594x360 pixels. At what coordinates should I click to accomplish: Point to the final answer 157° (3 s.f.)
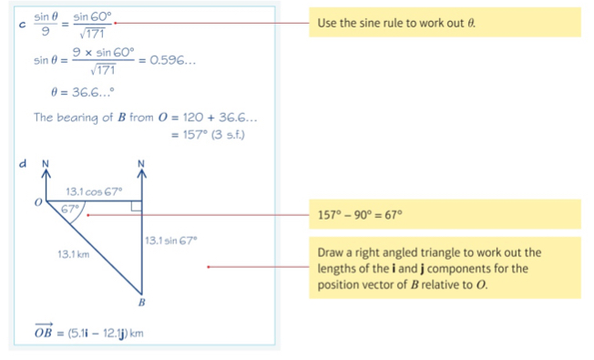pos(209,134)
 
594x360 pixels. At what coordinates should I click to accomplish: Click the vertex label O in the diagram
pos(37,203)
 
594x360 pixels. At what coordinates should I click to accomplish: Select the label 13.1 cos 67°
pos(94,191)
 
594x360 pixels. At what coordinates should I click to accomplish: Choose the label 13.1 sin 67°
pos(169,240)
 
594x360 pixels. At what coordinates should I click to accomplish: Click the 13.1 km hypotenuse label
pos(71,253)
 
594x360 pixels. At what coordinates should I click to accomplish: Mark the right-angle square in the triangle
pos(136,208)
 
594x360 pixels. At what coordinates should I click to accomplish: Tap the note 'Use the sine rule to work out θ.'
pos(395,22)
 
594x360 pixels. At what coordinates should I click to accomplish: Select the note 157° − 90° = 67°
pos(360,216)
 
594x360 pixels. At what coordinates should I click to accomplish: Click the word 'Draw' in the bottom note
pos(331,252)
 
